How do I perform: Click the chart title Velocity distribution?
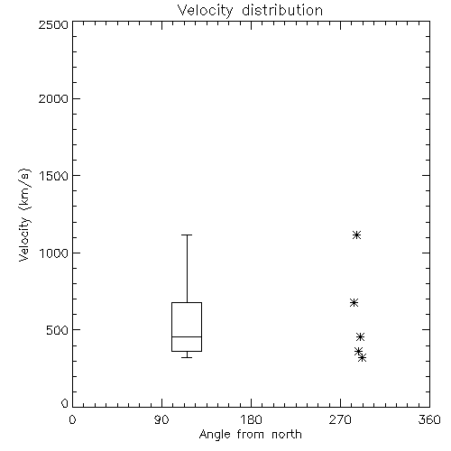[x=250, y=11]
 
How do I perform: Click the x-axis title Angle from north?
[x=251, y=435]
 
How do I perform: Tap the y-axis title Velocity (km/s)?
[x=24, y=215]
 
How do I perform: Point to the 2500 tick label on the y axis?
[x=53, y=24]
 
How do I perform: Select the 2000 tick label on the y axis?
[x=53, y=98]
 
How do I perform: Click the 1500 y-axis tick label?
[x=54, y=176]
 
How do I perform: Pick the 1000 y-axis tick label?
[x=54, y=253]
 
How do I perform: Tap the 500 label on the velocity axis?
[x=58, y=330]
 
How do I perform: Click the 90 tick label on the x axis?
[x=161, y=419]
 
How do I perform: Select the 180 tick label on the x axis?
[x=251, y=419]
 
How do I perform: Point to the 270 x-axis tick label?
[x=340, y=419]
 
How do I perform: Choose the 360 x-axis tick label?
[x=429, y=419]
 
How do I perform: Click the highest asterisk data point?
[x=356, y=235]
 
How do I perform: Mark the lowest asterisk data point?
[x=362, y=357]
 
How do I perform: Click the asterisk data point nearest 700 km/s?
[x=354, y=302]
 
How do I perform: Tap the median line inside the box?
[x=187, y=336]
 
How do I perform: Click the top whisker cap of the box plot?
[x=187, y=235]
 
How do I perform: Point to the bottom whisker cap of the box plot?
[x=187, y=357]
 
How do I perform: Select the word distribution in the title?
[x=282, y=11]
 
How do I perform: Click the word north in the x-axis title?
[x=287, y=435]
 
